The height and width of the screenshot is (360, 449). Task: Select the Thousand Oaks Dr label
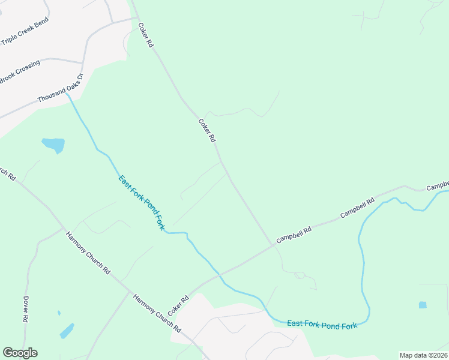point(59,88)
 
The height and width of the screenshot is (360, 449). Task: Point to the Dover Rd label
point(26,310)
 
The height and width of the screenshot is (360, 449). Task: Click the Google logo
point(20,353)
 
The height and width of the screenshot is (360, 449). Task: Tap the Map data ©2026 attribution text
point(423,355)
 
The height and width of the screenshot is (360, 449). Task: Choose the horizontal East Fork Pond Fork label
point(322,324)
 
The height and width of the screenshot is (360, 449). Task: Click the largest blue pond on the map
point(53,145)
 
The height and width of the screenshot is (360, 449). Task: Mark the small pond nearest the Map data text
point(423,305)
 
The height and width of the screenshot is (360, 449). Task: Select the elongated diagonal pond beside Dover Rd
point(67,331)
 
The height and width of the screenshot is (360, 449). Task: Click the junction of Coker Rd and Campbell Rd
point(273,245)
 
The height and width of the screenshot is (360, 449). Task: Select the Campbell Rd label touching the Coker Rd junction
point(294,235)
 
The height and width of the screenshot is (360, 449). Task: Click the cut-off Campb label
point(438,186)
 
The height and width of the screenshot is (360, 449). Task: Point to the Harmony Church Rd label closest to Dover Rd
point(88,253)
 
